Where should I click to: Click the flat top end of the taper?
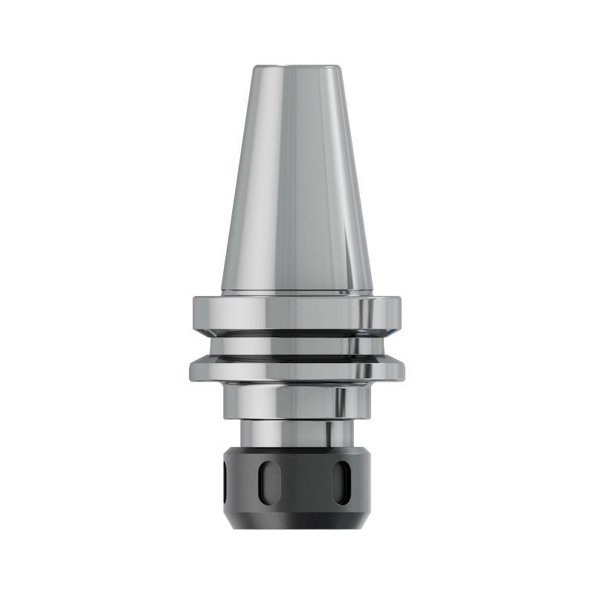(x=297, y=68)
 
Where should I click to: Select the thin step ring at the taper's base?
(x=297, y=292)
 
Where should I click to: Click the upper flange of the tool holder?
(x=297, y=312)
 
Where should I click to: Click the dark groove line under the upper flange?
(x=297, y=332)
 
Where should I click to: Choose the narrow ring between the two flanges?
(x=297, y=345)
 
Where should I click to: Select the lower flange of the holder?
(x=297, y=367)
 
